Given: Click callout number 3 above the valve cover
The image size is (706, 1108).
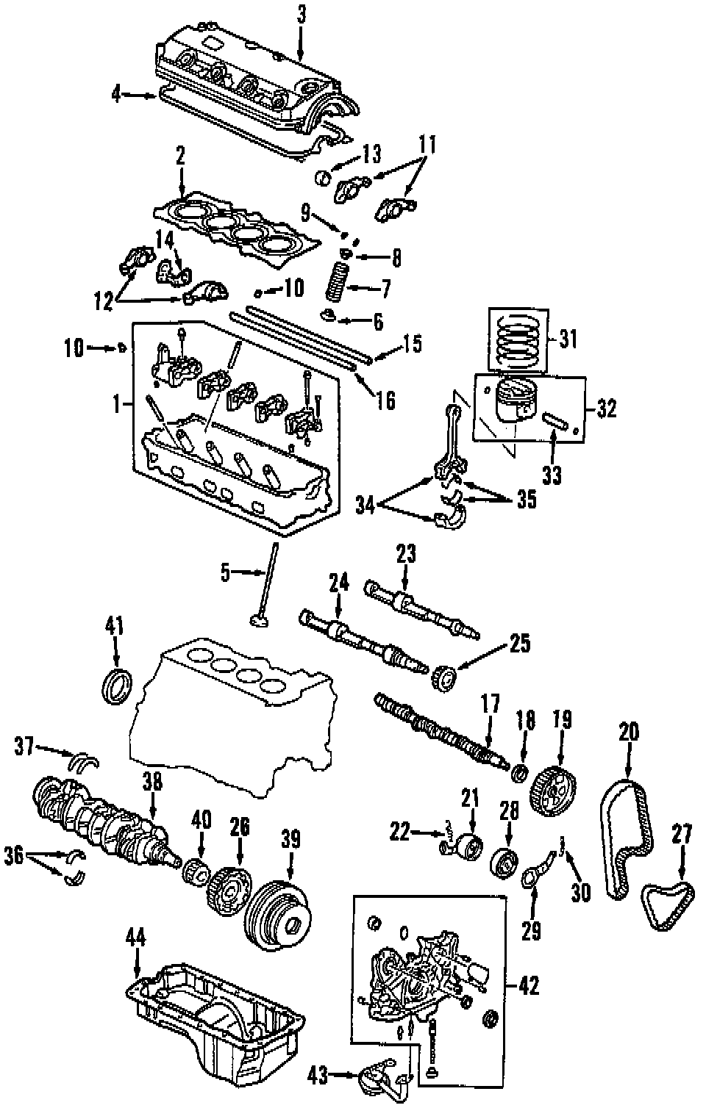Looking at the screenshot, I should coord(299,14).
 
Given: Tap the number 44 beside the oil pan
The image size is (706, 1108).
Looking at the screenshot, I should coord(136,937).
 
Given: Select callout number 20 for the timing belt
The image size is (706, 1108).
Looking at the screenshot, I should coord(629,732).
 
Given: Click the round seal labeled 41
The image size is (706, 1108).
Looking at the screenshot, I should coord(116,682).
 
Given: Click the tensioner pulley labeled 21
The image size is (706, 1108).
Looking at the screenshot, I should coord(468,846).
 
